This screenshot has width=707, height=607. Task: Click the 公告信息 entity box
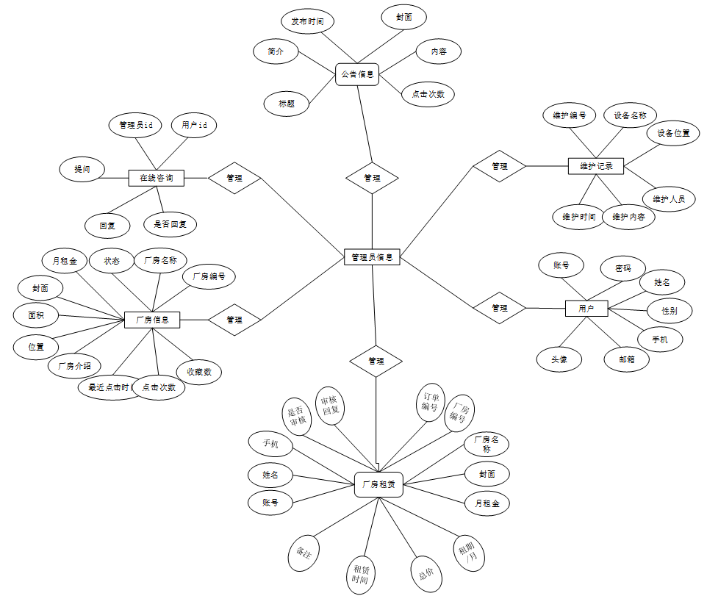tap(357, 74)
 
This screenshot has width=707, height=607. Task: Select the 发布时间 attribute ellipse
tap(307, 21)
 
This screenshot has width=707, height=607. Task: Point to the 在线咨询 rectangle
tap(156, 177)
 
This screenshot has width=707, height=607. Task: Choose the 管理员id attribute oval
tap(135, 126)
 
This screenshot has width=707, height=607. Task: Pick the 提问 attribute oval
tap(82, 168)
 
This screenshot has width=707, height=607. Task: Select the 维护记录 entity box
tap(596, 166)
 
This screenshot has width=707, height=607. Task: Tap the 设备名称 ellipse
tap(630, 115)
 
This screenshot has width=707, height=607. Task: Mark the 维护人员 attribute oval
tap(669, 198)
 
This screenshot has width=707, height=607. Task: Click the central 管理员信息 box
tap(372, 257)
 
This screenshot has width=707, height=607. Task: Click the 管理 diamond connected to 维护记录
tap(500, 166)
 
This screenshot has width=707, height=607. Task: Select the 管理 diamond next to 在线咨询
tap(234, 178)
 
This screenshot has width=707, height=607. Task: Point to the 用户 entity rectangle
tap(586, 309)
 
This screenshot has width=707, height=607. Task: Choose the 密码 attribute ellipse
tap(623, 268)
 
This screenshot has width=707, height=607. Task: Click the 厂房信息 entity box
tap(152, 320)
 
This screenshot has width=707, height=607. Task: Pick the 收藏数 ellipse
tap(199, 372)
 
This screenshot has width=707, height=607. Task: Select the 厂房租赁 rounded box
tap(379, 484)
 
